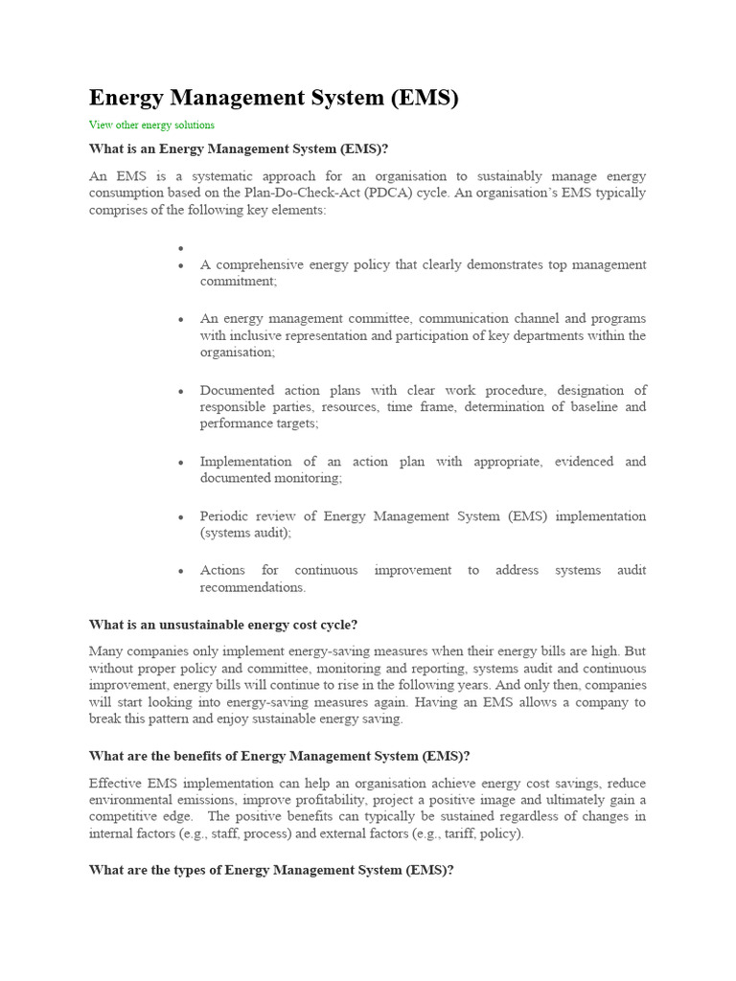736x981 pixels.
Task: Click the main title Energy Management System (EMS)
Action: pos(274,98)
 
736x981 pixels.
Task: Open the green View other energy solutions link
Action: pos(151,125)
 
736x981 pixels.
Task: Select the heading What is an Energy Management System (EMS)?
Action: pos(239,148)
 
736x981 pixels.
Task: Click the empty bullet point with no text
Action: pos(180,248)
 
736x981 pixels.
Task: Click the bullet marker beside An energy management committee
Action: pos(180,319)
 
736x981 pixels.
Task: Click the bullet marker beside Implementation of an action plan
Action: pos(180,462)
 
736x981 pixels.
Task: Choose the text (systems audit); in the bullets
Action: pos(245,533)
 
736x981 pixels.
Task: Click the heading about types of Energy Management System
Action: pos(271,870)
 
